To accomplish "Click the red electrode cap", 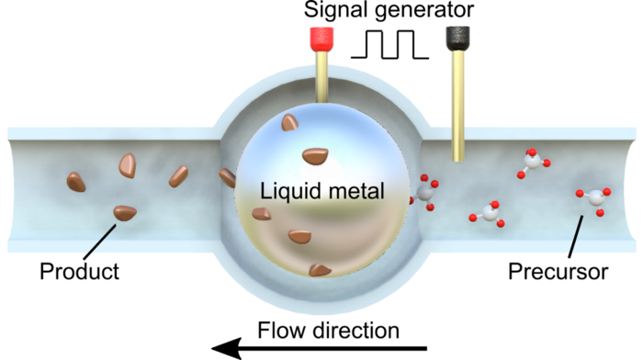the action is [320, 39].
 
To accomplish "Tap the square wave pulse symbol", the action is [389, 44].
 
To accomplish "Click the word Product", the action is [79, 272].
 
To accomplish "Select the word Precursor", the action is [558, 272].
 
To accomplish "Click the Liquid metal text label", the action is [321, 193].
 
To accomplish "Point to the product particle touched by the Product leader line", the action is [125, 213].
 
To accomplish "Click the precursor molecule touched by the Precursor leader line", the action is [593, 197].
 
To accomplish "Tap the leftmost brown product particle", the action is [76, 181].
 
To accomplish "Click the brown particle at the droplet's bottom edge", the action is [319, 270].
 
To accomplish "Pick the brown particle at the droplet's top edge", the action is [290, 122].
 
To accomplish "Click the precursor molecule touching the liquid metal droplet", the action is [425, 192].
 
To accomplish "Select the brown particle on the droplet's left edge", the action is [228, 176].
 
